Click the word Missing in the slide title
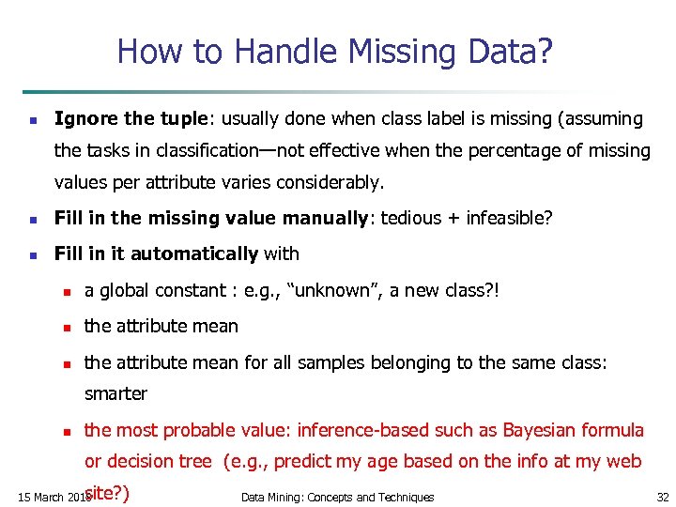(381, 51)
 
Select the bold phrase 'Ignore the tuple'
(131, 119)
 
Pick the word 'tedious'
(407, 219)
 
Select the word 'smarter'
(115, 394)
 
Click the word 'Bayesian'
(542, 430)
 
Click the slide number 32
(663, 497)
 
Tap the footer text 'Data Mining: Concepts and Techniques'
(337, 497)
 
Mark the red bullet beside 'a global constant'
(67, 292)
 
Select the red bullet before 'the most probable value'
(67, 432)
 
